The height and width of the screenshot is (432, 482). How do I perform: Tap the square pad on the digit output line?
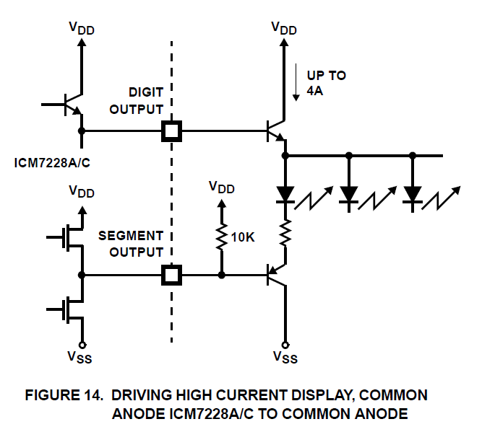(x=171, y=131)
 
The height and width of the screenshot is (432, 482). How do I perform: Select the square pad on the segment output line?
(x=171, y=275)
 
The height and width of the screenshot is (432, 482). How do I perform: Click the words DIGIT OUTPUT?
(x=146, y=100)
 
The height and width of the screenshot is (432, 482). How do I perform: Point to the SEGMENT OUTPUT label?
(x=131, y=244)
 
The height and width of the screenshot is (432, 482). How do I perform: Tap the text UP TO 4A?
(x=326, y=82)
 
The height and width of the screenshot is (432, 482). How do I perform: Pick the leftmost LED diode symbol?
(x=285, y=193)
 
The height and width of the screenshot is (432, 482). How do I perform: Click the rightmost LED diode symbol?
(x=413, y=193)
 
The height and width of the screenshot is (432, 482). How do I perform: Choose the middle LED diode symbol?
(x=349, y=193)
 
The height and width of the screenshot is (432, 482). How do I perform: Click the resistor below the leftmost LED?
(x=285, y=232)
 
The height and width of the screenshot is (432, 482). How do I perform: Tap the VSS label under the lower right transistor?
(x=285, y=357)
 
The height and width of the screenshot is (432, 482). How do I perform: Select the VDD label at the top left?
(x=82, y=28)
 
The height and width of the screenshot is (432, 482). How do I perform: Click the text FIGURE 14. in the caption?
(x=67, y=395)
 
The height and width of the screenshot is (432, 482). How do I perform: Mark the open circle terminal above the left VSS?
(x=82, y=343)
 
